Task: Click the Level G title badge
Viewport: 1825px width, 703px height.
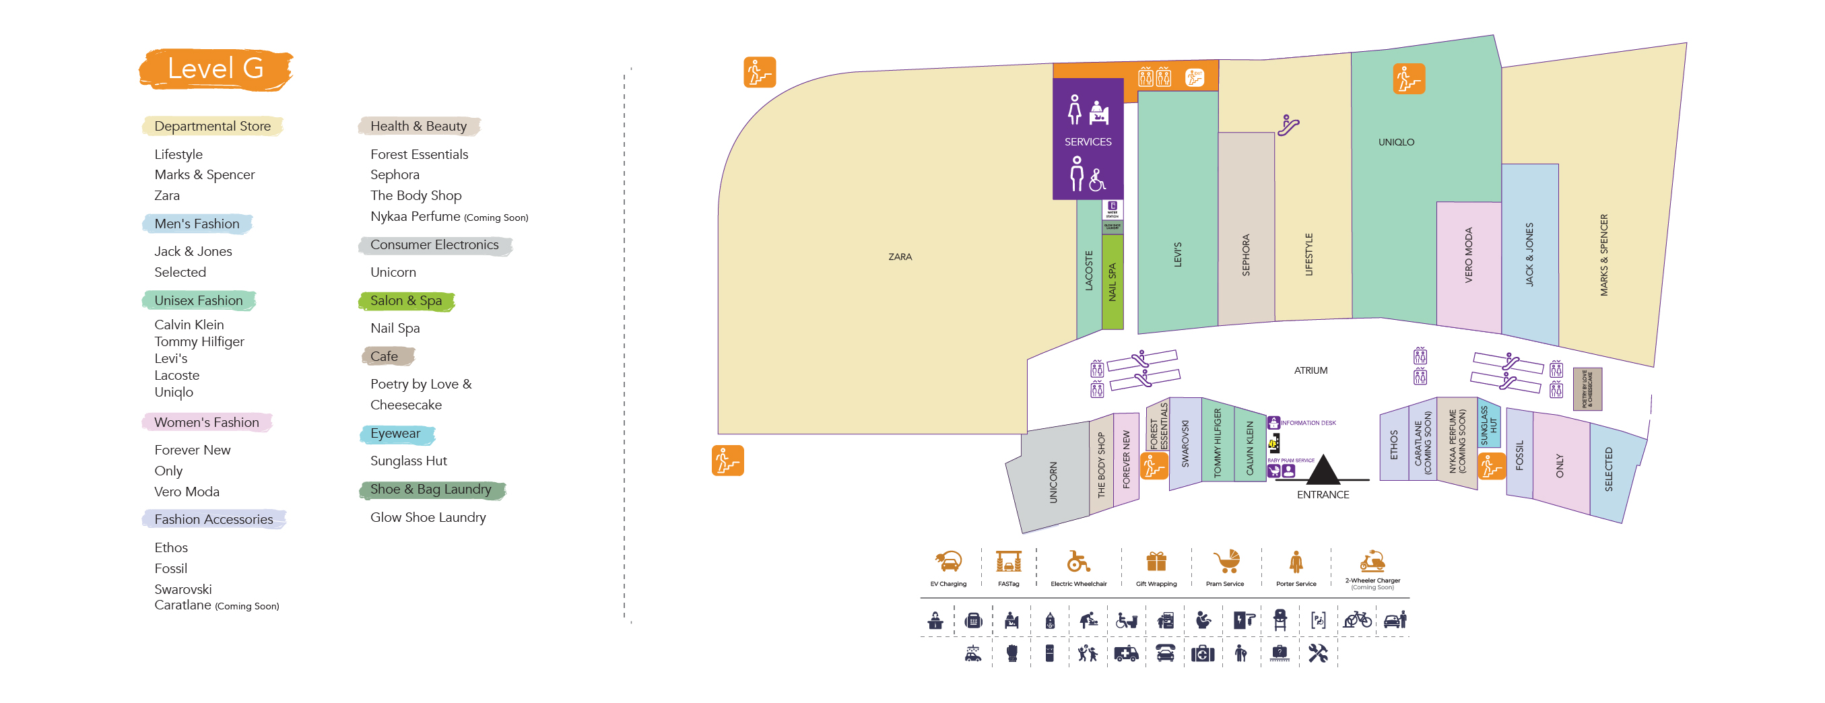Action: tap(215, 69)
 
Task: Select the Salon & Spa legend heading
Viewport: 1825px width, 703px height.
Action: tap(405, 300)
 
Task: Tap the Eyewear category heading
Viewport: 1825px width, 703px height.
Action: tap(395, 433)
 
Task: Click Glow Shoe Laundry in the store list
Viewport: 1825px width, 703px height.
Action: tap(427, 517)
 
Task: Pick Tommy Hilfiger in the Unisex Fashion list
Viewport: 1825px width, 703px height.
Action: tap(199, 341)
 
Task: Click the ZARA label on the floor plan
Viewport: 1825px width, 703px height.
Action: tap(900, 257)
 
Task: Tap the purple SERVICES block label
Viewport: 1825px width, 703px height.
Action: tap(1088, 141)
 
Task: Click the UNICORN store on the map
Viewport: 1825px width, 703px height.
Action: tap(1053, 483)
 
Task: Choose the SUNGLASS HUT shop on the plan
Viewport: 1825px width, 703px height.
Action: tap(1488, 424)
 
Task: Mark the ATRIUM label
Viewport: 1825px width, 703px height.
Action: tap(1310, 370)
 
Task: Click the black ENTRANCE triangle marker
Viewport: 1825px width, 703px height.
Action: tap(1323, 469)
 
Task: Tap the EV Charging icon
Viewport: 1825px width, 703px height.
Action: tap(948, 562)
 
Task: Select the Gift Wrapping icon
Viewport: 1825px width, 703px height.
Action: tap(1156, 562)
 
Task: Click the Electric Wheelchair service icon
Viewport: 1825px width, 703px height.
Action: tap(1078, 562)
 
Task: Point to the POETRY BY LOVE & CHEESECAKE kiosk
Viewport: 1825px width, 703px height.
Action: tap(1587, 389)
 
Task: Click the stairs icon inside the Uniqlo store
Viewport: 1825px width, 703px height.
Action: tap(1408, 79)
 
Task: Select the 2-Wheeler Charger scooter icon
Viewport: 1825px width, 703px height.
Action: tap(1372, 562)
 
